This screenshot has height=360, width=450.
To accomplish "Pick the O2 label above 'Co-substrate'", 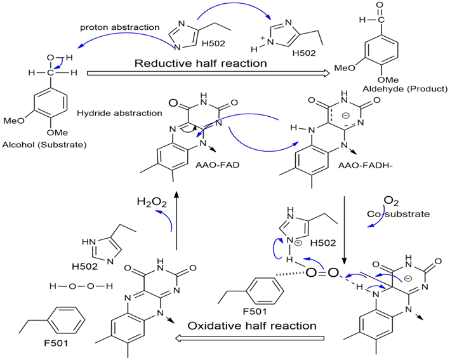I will click(x=394, y=202).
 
